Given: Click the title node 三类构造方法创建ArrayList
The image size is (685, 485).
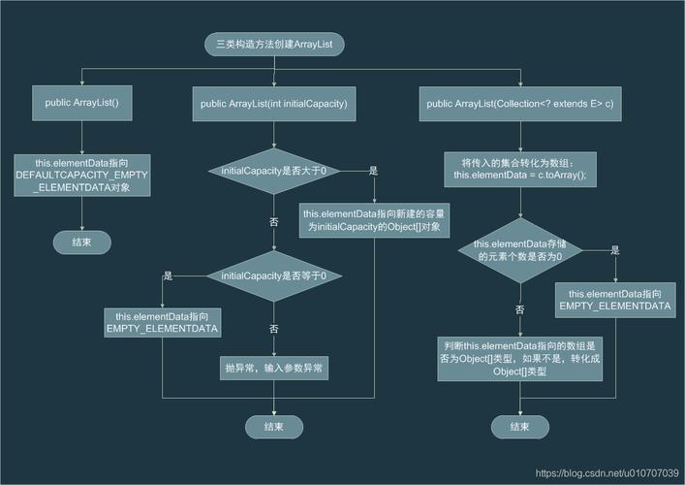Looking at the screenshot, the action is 274,45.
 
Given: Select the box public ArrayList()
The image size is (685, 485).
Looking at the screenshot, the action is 82,103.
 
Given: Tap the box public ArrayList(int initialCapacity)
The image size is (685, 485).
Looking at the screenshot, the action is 274,104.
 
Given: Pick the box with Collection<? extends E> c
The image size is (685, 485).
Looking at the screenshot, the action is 520,104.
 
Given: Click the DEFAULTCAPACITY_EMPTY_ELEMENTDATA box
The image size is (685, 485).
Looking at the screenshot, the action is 82,175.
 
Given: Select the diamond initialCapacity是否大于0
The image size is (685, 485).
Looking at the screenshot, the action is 274,171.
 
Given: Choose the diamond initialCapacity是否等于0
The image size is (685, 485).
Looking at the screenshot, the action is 274,275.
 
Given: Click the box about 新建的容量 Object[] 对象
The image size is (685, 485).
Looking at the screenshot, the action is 374,220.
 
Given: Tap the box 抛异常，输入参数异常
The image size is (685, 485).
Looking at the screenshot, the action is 274,368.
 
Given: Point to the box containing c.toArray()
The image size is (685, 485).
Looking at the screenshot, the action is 520,169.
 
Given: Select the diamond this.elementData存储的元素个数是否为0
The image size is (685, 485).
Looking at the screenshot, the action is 520,250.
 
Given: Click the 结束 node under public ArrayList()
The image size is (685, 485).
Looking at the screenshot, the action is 82,242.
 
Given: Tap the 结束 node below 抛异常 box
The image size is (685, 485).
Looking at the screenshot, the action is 274,427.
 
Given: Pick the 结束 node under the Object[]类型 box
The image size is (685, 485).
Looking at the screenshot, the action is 520,427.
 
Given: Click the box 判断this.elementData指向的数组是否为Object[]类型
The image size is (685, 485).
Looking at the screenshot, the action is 520,359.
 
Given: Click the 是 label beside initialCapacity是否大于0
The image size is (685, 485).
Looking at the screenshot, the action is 373,171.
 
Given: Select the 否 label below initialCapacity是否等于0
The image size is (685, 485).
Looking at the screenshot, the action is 274,329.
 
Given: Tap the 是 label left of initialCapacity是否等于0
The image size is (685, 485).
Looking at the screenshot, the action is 169,275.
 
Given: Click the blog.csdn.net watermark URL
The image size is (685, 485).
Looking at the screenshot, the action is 607,473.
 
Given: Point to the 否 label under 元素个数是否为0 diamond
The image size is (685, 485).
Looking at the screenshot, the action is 520,309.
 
